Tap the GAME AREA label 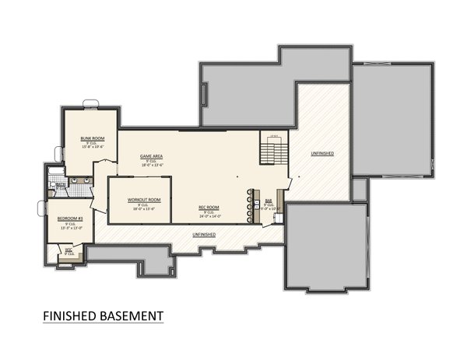[x=151, y=156]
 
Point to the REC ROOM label [x=208, y=207]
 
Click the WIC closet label [x=68, y=250]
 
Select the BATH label [x=60, y=184]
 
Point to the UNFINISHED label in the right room [x=321, y=154]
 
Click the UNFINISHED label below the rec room [x=204, y=234]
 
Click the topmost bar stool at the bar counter [x=251, y=191]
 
